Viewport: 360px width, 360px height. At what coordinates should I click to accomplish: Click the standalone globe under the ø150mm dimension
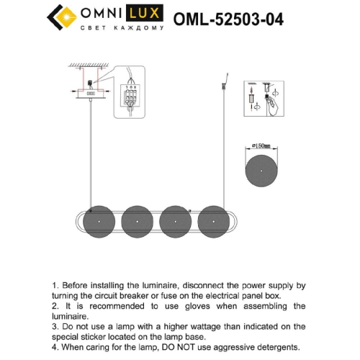[x=260, y=170]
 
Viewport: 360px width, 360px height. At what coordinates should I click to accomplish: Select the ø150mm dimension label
[x=260, y=146]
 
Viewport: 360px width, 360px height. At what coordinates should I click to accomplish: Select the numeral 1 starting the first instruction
[x=55, y=286]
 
